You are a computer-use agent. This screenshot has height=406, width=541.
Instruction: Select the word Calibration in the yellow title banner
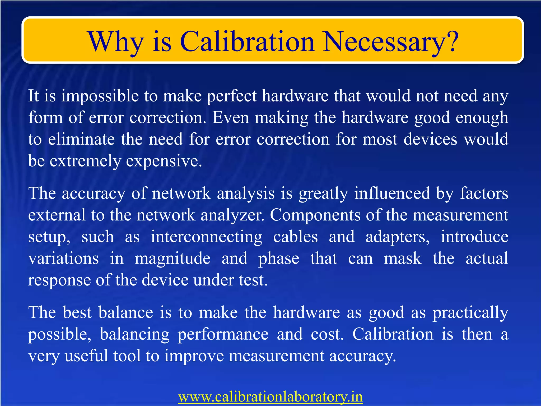[247, 42]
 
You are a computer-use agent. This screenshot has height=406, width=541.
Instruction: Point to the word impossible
[100, 96]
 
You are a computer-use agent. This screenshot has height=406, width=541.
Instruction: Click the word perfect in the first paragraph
[232, 96]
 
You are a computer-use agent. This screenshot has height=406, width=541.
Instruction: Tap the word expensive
[164, 162]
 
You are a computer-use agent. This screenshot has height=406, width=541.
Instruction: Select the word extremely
[85, 162]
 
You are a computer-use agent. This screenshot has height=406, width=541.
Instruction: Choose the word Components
[315, 215]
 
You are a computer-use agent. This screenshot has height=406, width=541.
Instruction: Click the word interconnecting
[206, 237]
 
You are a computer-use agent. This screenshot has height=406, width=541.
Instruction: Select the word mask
[403, 259]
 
